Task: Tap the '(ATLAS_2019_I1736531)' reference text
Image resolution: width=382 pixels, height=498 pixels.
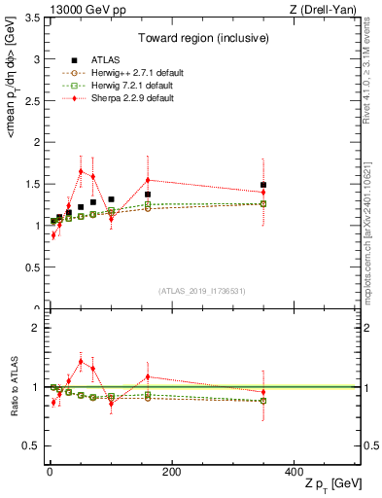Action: tap(200, 291)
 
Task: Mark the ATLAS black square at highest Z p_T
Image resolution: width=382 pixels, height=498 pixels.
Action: tap(263, 185)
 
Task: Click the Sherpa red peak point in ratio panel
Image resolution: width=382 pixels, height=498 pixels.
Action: tap(81, 361)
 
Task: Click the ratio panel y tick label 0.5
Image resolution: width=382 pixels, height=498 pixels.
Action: tap(31, 445)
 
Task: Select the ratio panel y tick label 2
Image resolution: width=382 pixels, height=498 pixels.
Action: tap(35, 328)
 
